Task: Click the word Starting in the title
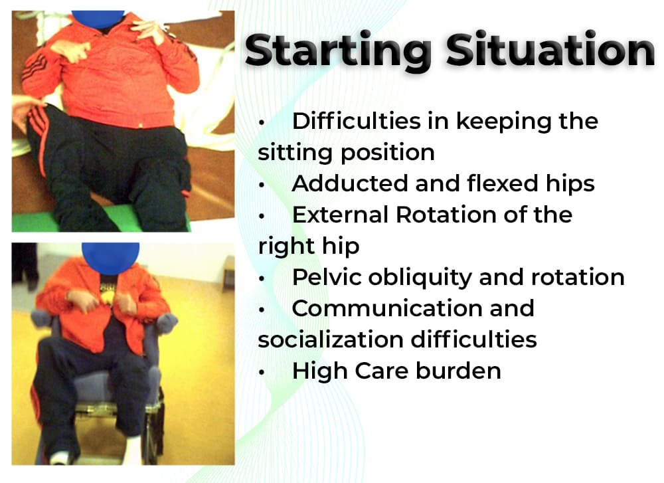(339, 51)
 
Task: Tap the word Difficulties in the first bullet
(356, 121)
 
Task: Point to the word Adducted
(350, 183)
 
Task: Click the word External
(339, 215)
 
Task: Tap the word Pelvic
(327, 277)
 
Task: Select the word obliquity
(420, 278)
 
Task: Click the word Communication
(413, 308)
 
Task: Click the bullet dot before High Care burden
(262, 373)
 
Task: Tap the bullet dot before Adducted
(262, 185)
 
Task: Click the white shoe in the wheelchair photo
(59, 458)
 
